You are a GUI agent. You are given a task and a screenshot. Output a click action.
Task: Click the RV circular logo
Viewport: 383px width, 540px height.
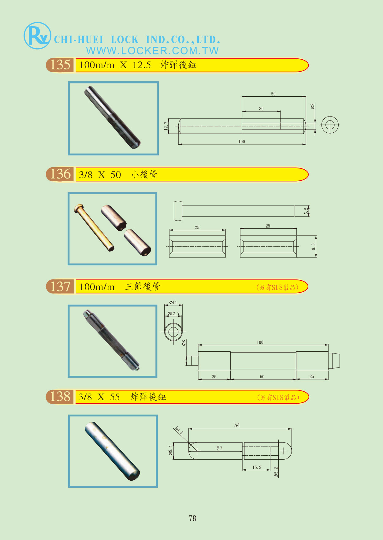(37, 35)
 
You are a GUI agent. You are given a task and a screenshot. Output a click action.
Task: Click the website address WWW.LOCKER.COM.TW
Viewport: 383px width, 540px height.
(152, 50)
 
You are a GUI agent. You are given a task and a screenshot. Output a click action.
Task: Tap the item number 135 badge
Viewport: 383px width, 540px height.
(60, 65)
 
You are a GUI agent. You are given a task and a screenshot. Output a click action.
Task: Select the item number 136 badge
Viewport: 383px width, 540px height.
(60, 174)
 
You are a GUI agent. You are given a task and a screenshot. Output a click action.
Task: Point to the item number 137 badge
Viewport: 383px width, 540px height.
(60, 287)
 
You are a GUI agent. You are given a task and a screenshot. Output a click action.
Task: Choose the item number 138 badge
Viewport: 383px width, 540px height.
(60, 397)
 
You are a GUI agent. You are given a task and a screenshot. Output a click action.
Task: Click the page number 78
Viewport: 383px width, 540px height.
(192, 518)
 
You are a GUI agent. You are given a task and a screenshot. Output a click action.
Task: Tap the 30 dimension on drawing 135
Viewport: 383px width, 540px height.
(261, 109)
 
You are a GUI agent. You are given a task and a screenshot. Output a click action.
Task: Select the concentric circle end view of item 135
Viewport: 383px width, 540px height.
(330, 125)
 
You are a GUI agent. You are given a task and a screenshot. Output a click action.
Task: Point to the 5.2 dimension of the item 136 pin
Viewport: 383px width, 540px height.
(306, 211)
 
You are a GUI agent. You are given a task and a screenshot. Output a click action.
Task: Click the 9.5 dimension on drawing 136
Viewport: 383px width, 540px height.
(313, 246)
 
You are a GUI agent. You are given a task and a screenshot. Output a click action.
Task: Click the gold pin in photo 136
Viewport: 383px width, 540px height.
(94, 227)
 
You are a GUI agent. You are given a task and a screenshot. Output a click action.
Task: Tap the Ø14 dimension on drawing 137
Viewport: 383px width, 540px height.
(173, 303)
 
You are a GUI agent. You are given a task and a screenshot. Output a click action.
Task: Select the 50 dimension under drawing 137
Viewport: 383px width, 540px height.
(262, 377)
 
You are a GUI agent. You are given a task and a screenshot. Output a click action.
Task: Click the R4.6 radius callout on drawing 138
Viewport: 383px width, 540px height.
(179, 431)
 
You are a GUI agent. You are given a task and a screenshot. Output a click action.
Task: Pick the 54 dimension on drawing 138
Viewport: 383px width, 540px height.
(237, 425)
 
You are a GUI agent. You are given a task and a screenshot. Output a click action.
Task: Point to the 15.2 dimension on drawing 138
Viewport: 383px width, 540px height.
(257, 467)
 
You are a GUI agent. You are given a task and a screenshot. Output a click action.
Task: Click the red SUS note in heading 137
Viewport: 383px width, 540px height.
(277, 287)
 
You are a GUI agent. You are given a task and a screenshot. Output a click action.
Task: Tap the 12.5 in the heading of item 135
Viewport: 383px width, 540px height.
(142, 65)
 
